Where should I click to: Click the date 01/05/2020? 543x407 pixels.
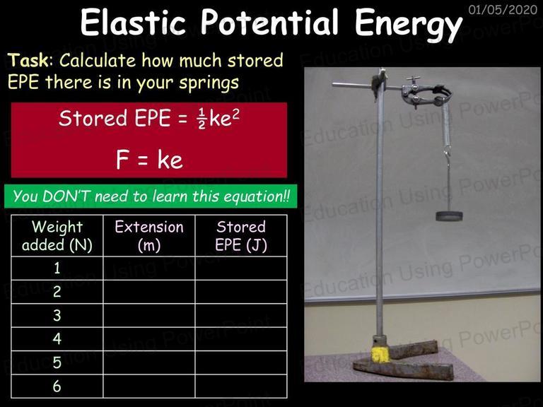(503, 9)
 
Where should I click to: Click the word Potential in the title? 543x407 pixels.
(269, 22)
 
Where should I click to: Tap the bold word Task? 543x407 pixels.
(28, 60)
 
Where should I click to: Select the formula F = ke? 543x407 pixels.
(149, 160)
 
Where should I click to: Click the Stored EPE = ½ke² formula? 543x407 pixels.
(149, 119)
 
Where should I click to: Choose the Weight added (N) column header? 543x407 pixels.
(57, 236)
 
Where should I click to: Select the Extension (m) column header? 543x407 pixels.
(149, 236)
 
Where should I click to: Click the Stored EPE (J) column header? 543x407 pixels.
(241, 236)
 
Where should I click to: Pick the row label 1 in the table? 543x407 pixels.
(57, 269)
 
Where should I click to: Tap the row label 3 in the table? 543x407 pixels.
(57, 315)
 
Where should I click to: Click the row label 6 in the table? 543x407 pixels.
(57, 386)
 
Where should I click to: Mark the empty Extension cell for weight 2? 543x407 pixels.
(149, 292)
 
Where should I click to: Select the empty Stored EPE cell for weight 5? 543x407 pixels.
(241, 362)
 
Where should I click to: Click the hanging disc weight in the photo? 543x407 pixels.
(449, 216)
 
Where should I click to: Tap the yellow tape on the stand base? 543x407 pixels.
(380, 355)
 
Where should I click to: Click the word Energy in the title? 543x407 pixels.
(409, 23)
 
